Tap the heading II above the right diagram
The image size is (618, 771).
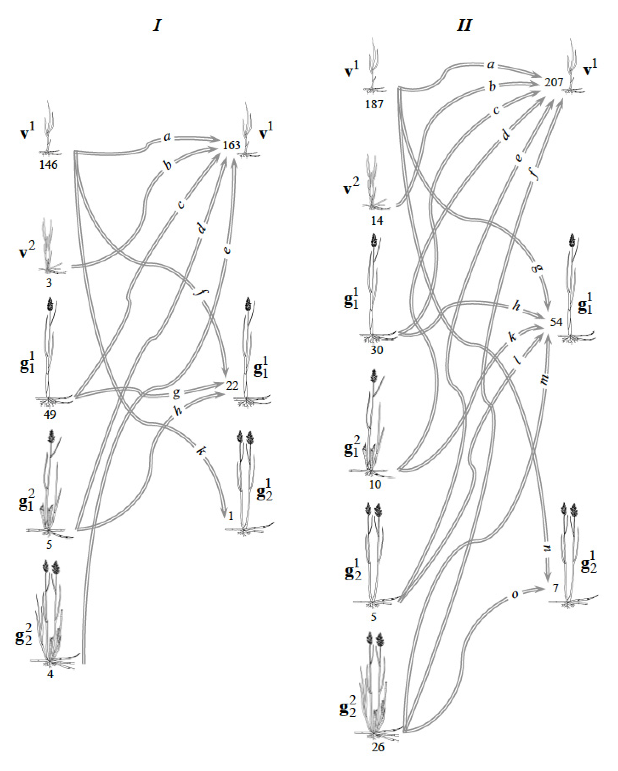click(464, 25)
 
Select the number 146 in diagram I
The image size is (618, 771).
click(49, 165)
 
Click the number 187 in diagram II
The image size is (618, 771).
click(374, 104)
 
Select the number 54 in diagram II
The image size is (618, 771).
click(556, 322)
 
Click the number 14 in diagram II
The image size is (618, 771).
click(377, 221)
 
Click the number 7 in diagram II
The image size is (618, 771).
click(555, 588)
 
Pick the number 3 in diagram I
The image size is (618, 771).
click(49, 283)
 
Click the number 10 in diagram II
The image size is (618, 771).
click(375, 484)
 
